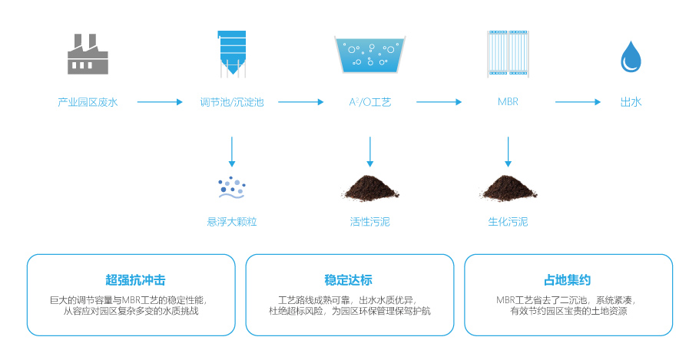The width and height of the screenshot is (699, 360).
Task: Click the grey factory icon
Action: pos(88,54)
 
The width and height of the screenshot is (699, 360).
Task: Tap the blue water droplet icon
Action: pos(631,56)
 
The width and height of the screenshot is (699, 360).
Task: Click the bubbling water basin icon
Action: pos(369,55)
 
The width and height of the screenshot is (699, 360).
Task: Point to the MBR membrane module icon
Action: pos(508,54)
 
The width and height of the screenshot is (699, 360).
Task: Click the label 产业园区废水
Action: pos(88,102)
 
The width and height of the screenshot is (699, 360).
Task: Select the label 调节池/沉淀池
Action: pos(231,102)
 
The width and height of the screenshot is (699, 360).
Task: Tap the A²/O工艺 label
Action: pos(369,102)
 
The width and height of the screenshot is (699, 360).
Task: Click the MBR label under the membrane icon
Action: pos(508,102)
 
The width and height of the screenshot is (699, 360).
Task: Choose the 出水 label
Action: pos(631,102)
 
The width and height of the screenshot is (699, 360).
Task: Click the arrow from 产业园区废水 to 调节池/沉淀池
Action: pos(160,102)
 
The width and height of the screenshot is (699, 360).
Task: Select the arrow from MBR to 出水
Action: pos(577,102)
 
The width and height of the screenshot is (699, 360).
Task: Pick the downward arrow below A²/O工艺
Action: pos(370,151)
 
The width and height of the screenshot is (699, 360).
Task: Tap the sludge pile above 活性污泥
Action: pos(369,187)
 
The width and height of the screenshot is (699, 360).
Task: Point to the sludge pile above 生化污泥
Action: pos(508,187)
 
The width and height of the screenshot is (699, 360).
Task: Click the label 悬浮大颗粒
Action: pos(231,222)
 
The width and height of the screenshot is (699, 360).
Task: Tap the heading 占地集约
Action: pos(568,280)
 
